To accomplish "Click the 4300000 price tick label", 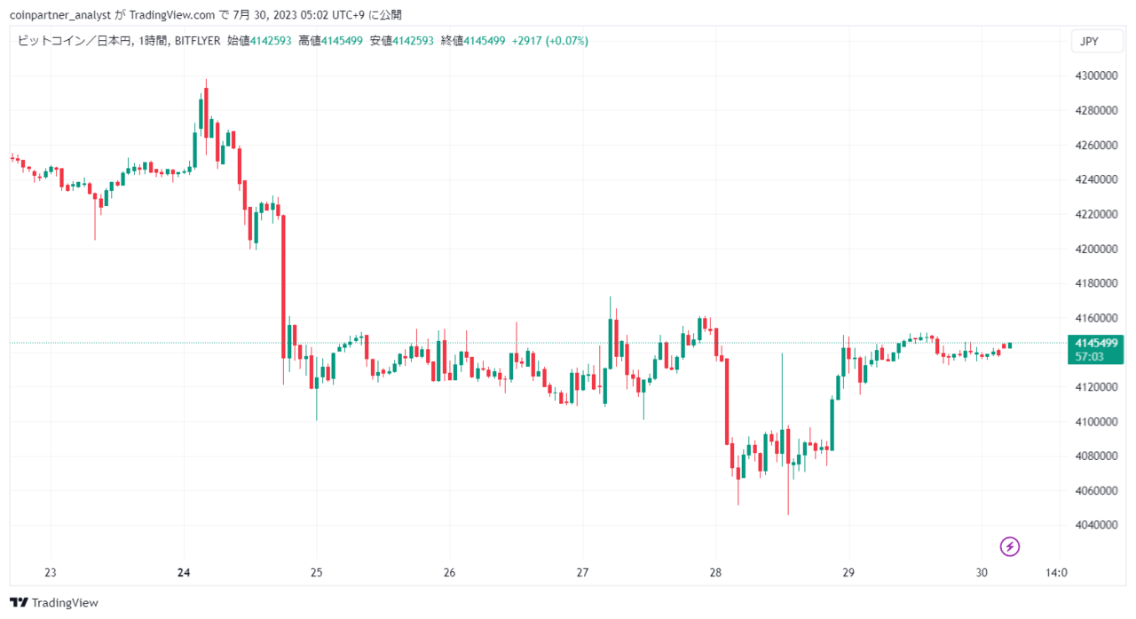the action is pos(1096,75).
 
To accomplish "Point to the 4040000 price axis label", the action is pos(1096,525).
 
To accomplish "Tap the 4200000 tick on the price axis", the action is pos(1096,249).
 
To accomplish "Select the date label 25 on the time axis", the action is pos(317,572).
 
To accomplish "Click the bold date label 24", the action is pos(184,572).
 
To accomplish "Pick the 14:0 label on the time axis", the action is pos(1056,572).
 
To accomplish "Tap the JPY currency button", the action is pos(1097,41).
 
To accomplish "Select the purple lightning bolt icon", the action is pos(1009,546).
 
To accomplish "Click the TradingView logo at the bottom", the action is pos(54,602).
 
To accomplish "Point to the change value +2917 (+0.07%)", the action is pos(549,41).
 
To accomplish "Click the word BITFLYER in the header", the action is pos(197,41).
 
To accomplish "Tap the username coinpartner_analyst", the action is pos(60,15).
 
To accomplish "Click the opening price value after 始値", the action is pos(271,41).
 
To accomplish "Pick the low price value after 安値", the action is pos(413,41).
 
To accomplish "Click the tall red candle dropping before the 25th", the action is pos(283,287).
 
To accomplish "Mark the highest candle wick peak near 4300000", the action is pos(206,80).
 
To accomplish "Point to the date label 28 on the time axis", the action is pos(715,572).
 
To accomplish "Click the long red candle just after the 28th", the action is pos(727,401).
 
